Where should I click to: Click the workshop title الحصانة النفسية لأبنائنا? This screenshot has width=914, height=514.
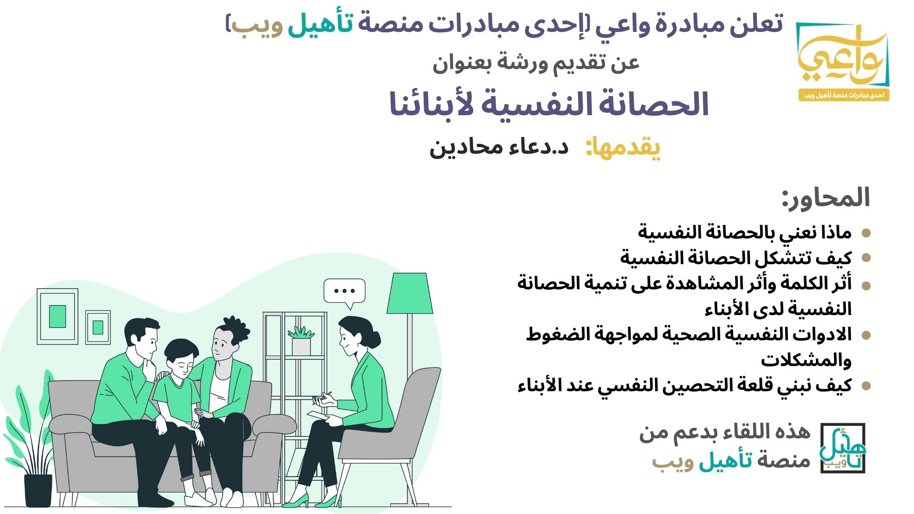tap(549, 105)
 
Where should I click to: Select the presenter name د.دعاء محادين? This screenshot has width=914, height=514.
tap(499, 147)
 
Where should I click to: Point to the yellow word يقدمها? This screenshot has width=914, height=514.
tap(623, 148)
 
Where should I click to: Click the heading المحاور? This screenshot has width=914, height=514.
tap(826, 198)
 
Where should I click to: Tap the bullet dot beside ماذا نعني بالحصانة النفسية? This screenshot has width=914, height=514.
tap(866, 233)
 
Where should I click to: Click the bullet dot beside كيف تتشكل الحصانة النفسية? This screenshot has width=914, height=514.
tap(866, 258)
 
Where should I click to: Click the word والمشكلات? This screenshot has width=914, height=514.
tap(806, 360)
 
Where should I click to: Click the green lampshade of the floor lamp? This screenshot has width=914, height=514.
tap(410, 293)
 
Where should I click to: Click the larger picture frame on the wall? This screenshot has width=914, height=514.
tap(58, 316)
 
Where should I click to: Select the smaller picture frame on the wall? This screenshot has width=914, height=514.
tap(98, 327)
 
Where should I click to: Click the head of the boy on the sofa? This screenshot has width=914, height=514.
tap(181, 356)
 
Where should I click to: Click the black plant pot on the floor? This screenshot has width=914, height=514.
tap(38, 490)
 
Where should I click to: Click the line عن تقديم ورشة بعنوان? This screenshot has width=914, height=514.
tap(536, 63)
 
